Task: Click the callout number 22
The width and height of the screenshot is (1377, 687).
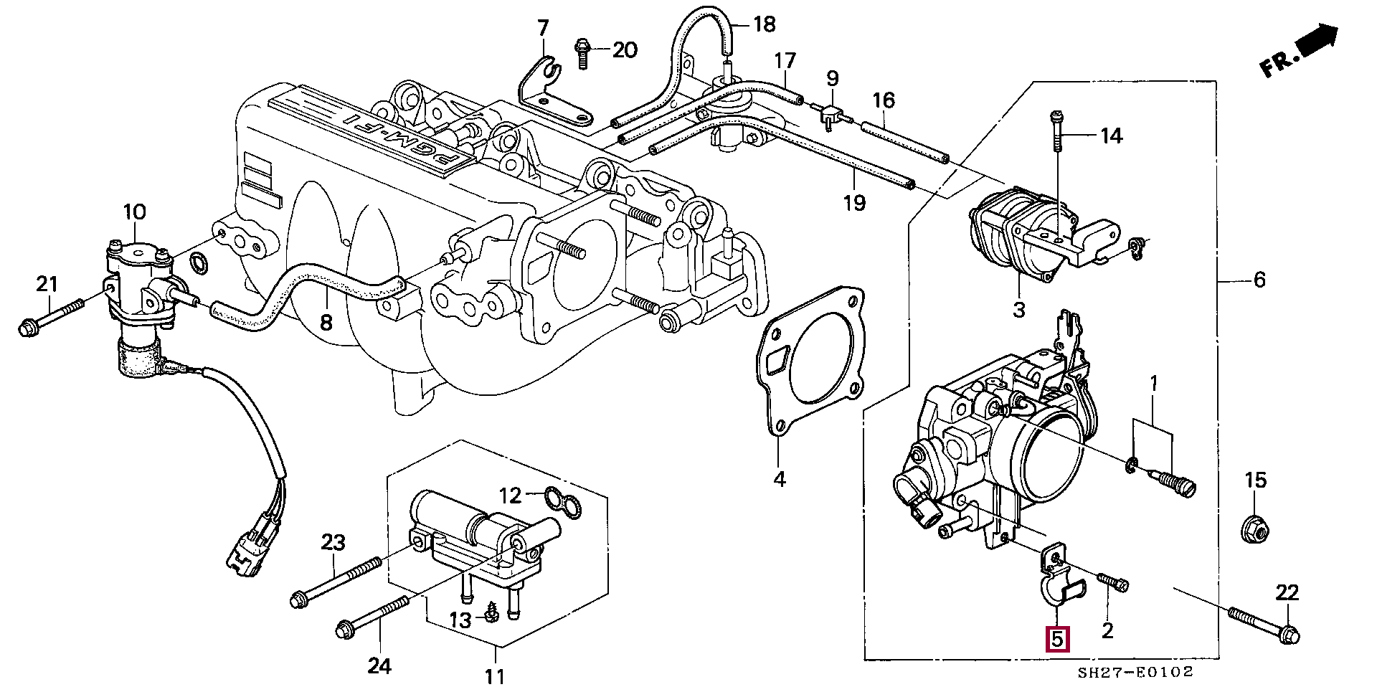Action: coord(1287,593)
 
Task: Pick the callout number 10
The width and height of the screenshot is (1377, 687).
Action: coord(134,212)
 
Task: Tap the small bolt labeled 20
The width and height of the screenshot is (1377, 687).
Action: coord(582,52)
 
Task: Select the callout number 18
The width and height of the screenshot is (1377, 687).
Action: coord(765,25)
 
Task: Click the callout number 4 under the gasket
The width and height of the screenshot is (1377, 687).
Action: coord(780,478)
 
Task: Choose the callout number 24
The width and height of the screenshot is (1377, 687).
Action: coord(379,666)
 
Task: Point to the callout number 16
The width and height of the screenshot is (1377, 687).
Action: coord(884,100)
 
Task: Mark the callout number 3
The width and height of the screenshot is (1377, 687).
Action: coord(1019,310)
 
